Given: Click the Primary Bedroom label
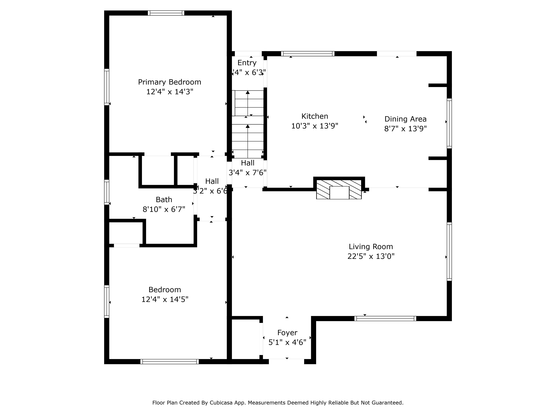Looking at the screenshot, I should coord(169,82).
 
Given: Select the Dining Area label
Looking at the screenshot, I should coord(405,119).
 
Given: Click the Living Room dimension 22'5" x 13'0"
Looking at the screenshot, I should coord(371,256).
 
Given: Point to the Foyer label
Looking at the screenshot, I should coord(287,332).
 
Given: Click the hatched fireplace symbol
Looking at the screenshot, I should coord(339,189).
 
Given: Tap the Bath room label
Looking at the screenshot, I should coord(164,200).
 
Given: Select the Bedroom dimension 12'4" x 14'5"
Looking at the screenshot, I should coord(165,299).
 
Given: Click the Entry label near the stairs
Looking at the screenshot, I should coord(247,63).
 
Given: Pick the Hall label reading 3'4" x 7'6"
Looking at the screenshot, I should coord(248,163).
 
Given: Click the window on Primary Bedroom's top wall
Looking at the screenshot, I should coord(166,13).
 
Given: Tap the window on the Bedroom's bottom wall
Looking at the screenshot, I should coord(169,361).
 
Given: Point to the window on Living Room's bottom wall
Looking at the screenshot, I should coord(385,319).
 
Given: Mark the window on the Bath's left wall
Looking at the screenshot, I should coord(107,192).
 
